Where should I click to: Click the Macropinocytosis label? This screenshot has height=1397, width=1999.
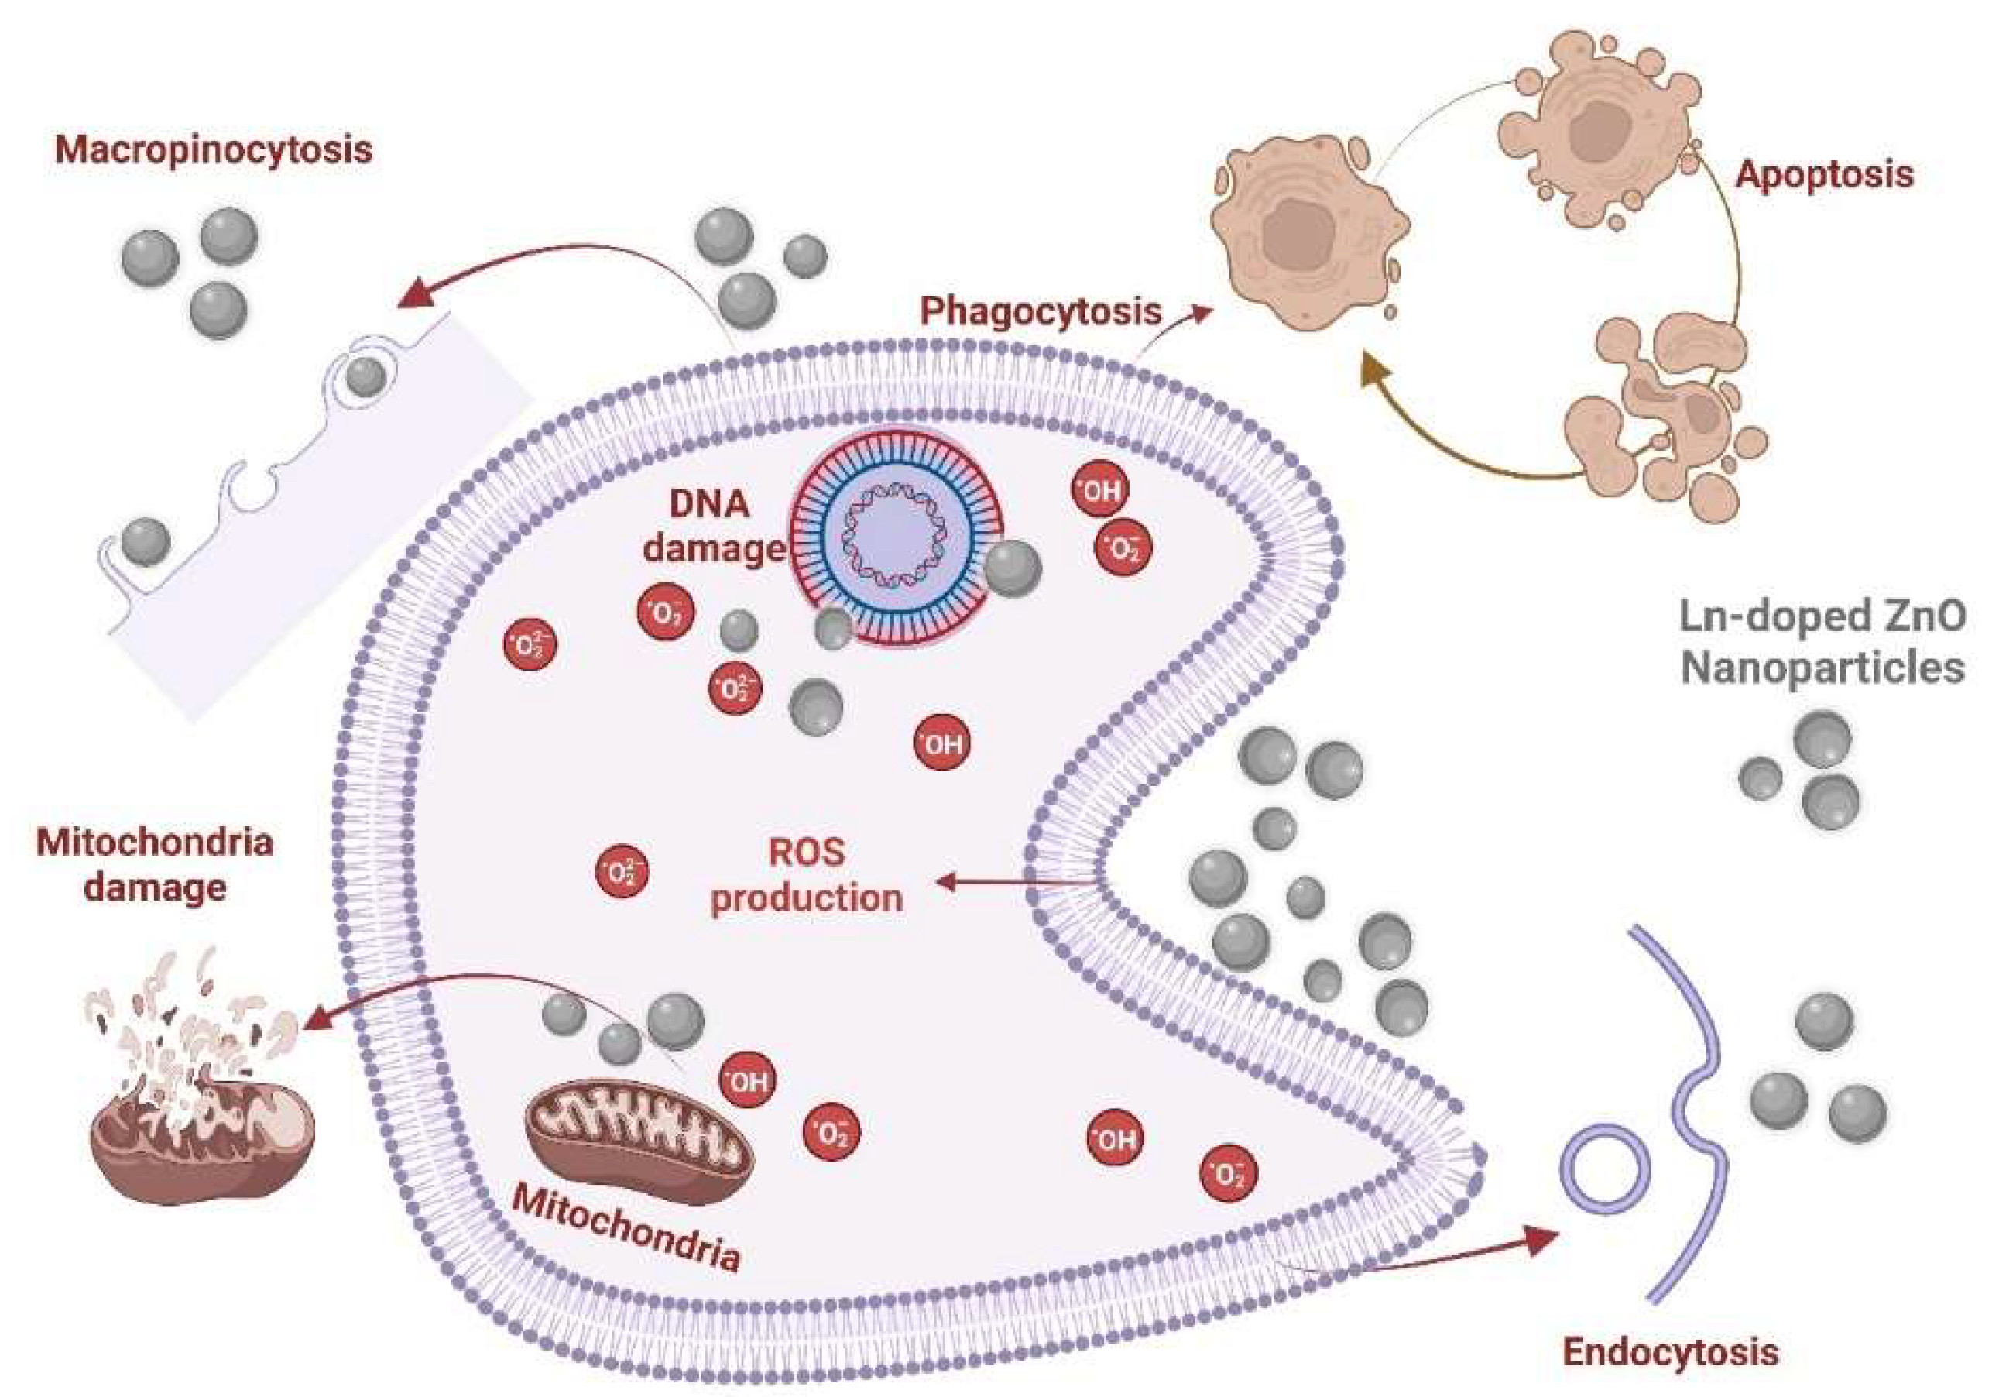[x=214, y=149]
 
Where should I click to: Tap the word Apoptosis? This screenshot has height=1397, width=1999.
[x=1824, y=174]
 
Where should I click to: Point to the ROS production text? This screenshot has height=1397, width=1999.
[x=806, y=875]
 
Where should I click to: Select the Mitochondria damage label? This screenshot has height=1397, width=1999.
[x=155, y=865]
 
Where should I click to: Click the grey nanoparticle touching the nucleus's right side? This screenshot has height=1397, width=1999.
[x=1013, y=568]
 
